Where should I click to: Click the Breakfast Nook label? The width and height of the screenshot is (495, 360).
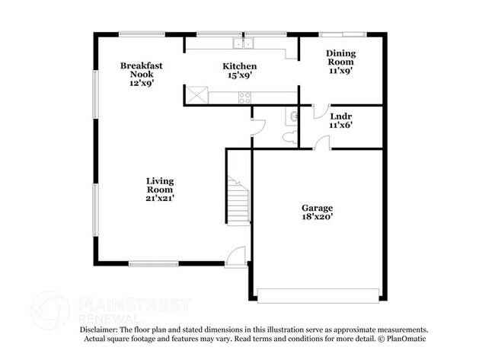(141, 70)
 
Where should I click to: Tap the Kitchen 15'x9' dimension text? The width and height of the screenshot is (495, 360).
(239, 75)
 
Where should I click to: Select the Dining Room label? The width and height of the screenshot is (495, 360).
(340, 57)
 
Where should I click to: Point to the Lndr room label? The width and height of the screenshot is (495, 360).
(341, 116)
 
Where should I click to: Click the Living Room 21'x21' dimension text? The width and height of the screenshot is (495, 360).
(160, 198)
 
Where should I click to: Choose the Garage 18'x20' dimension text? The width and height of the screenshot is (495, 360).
(317, 217)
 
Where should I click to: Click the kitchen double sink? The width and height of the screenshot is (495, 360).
(243, 43)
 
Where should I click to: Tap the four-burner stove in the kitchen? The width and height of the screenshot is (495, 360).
(244, 97)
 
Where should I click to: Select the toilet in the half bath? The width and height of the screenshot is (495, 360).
(290, 138)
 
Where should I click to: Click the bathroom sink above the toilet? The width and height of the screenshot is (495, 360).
(292, 116)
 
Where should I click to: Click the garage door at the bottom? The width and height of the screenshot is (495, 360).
(318, 295)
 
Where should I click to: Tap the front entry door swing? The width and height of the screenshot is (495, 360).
(235, 256)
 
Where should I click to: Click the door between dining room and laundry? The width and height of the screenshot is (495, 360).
(321, 112)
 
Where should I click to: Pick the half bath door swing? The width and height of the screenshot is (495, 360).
(258, 127)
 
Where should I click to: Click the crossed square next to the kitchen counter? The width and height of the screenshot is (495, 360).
(196, 95)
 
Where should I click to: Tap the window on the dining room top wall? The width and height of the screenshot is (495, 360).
(343, 34)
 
